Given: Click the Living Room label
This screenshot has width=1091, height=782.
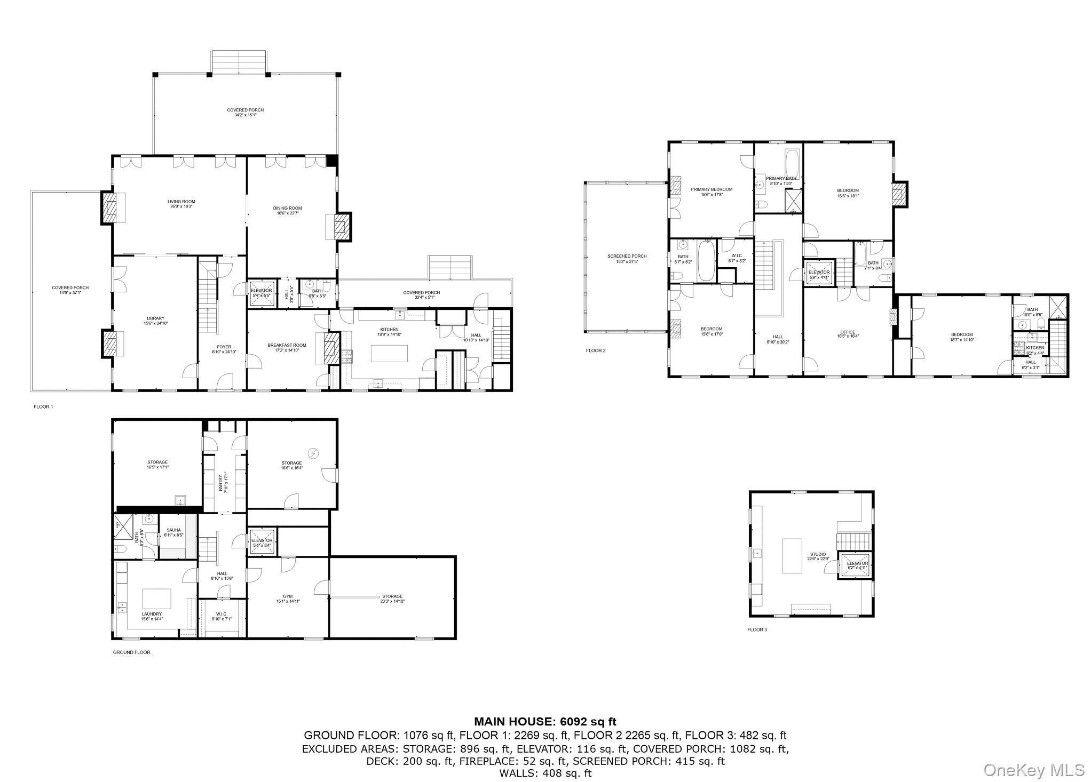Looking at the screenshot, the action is [181, 204].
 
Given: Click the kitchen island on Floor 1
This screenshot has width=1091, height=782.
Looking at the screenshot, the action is [389, 354].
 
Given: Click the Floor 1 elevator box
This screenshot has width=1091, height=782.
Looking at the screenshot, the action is [262, 293].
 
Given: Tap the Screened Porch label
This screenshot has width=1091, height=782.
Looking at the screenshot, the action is [627, 259].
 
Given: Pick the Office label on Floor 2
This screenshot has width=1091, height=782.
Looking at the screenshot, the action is [848, 334].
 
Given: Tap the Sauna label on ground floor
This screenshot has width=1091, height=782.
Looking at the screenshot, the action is [173, 532].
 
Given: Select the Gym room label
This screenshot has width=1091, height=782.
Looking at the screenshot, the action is [288, 599].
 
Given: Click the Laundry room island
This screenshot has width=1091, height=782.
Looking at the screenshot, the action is [156, 599].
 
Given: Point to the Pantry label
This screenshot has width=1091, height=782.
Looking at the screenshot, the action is [224, 482].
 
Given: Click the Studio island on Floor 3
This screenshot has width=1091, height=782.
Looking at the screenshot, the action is [792, 556].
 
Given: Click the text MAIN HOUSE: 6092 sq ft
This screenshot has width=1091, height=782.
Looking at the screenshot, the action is [545, 722].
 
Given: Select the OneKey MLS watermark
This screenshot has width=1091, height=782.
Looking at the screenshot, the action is [1033, 770].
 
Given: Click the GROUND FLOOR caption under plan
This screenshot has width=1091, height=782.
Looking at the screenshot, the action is [131, 652].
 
